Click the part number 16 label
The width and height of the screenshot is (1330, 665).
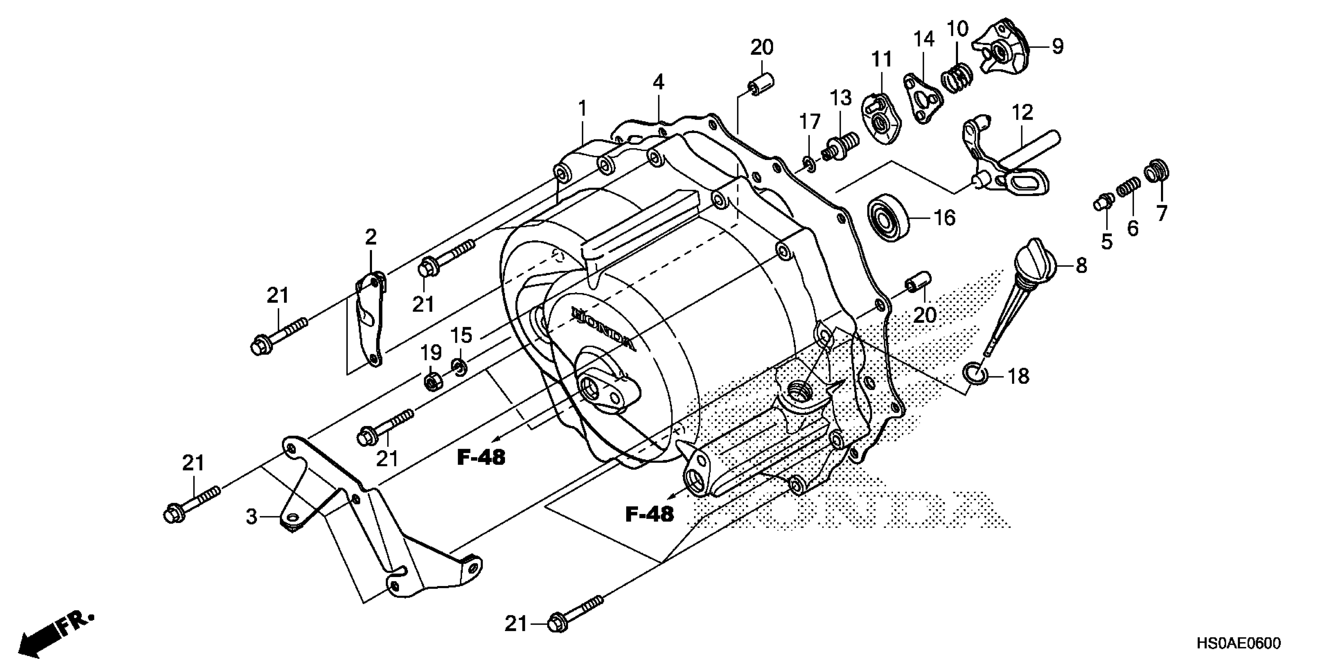click(945, 218)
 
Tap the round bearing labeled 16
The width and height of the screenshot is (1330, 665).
click(890, 218)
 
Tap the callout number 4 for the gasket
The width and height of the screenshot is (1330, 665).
click(658, 82)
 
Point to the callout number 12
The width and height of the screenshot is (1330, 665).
click(1022, 113)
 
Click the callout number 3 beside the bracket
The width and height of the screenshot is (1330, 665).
click(252, 516)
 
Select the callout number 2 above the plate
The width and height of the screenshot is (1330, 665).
click(371, 237)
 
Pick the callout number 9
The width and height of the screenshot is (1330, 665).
click(1058, 47)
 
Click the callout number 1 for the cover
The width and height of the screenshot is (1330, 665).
click(582, 109)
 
